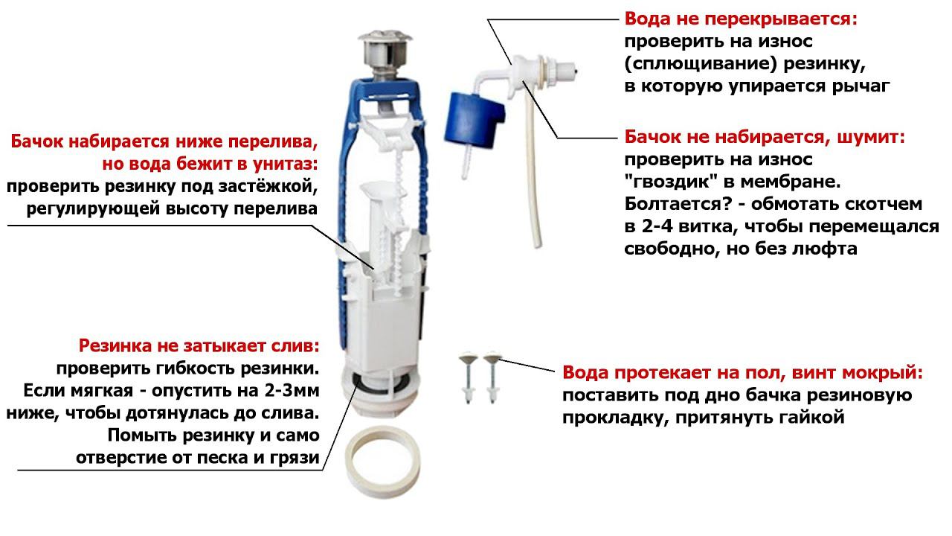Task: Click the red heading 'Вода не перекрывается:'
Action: tap(741, 19)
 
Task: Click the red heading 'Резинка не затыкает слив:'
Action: tap(199, 346)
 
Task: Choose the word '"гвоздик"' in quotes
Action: tap(663, 182)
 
